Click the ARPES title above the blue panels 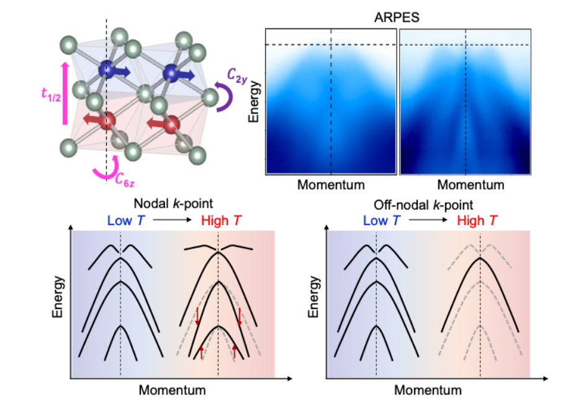397,17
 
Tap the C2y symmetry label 237,76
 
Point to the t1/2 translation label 51,94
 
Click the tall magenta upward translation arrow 65,93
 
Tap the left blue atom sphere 107,69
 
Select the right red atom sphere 171,124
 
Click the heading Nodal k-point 173,204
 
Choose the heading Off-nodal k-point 423,205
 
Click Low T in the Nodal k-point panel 126,221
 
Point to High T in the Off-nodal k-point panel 477,221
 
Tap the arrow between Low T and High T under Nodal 173,220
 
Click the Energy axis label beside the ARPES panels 254,102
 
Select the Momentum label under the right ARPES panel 471,185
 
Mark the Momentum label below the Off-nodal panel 428,390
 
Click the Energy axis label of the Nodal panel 58,297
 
